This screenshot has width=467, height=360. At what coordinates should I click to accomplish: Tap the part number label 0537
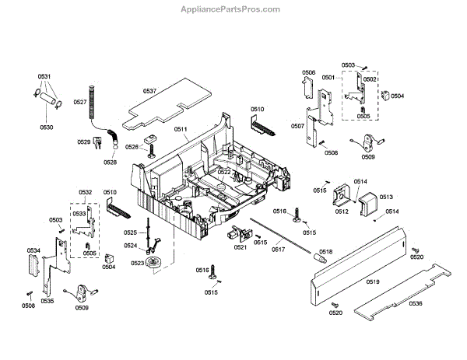(x=149, y=92)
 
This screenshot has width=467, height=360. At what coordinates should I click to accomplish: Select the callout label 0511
(x=181, y=129)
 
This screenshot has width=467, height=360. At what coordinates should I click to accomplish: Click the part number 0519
(x=373, y=281)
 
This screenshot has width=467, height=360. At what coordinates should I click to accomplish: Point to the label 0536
(x=416, y=303)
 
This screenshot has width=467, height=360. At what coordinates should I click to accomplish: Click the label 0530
(x=47, y=127)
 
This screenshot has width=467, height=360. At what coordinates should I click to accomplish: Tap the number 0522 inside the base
(x=224, y=172)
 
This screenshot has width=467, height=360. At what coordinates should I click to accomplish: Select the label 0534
(x=33, y=250)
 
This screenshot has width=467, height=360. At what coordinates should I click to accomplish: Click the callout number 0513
(x=386, y=197)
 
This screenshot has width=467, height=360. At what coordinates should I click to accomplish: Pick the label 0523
(x=137, y=263)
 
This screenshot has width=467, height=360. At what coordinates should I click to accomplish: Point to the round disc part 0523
(x=162, y=263)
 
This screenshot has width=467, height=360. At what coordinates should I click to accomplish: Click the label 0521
(x=241, y=247)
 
